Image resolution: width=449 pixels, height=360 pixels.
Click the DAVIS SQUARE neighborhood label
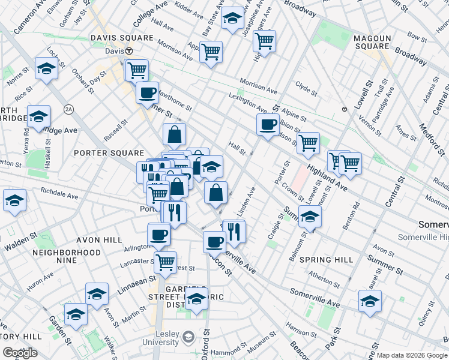pyautogui.click(x=122, y=37)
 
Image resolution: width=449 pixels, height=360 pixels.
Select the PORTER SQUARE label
pyautogui.click(x=109, y=153)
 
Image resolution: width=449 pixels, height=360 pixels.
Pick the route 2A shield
pyautogui.click(x=69, y=109)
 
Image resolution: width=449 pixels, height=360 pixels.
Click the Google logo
pyautogui.click(x=20, y=353)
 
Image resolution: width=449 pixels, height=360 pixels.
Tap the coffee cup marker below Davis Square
pyautogui.click(x=147, y=93)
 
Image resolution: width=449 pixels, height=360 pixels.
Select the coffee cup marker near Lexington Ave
pyautogui.click(x=267, y=124)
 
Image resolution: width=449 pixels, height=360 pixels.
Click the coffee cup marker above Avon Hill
pyautogui.click(x=158, y=233)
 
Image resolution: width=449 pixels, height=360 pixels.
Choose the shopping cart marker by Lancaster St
pyautogui.click(x=165, y=261)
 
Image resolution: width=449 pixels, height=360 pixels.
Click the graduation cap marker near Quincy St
pyautogui.click(x=370, y=301)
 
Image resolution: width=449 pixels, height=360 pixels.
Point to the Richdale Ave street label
pyautogui.click(x=60, y=194)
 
